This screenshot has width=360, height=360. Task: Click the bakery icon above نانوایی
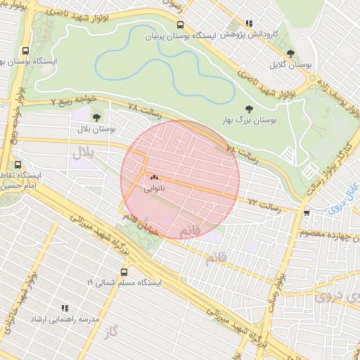[x=154, y=178]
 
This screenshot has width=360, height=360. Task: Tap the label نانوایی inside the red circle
[x=155, y=188]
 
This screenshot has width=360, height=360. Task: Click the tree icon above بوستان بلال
[x=96, y=117]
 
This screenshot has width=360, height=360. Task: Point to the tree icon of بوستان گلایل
[x=291, y=53]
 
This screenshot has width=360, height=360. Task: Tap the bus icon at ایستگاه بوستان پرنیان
[x=180, y=25]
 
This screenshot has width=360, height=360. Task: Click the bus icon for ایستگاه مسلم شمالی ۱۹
[x=125, y=271]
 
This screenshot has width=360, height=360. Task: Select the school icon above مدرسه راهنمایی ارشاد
[x=65, y=308]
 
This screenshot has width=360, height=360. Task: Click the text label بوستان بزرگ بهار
[x=248, y=121]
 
